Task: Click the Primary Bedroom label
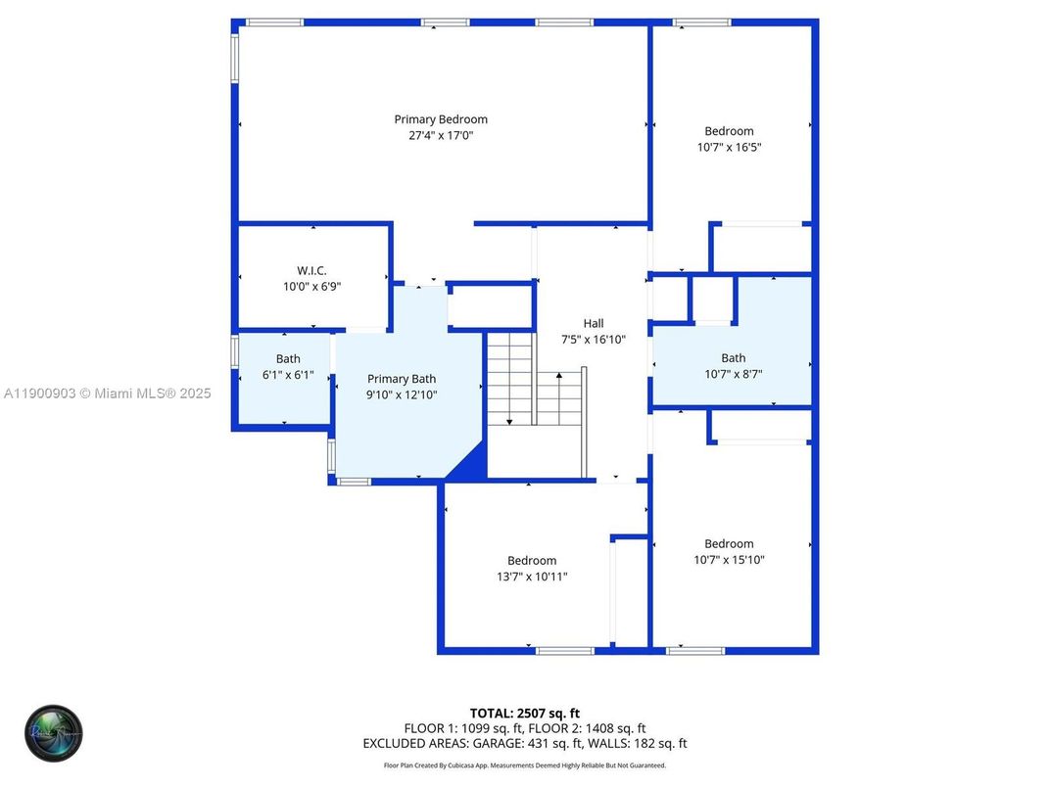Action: point(441,119)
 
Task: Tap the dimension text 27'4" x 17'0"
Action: point(441,136)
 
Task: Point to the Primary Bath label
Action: point(402,379)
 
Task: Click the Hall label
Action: point(594,323)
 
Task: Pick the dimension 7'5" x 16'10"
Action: point(594,340)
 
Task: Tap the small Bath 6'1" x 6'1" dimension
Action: point(288,375)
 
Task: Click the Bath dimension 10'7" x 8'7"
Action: point(733,374)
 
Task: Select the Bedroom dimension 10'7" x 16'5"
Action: point(729,148)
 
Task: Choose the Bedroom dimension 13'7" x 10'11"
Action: point(532,577)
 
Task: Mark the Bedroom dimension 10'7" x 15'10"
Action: point(729,560)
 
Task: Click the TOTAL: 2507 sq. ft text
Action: point(524,713)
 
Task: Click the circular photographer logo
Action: point(54,733)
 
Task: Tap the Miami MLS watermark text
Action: point(107,393)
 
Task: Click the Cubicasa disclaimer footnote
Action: point(524,764)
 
